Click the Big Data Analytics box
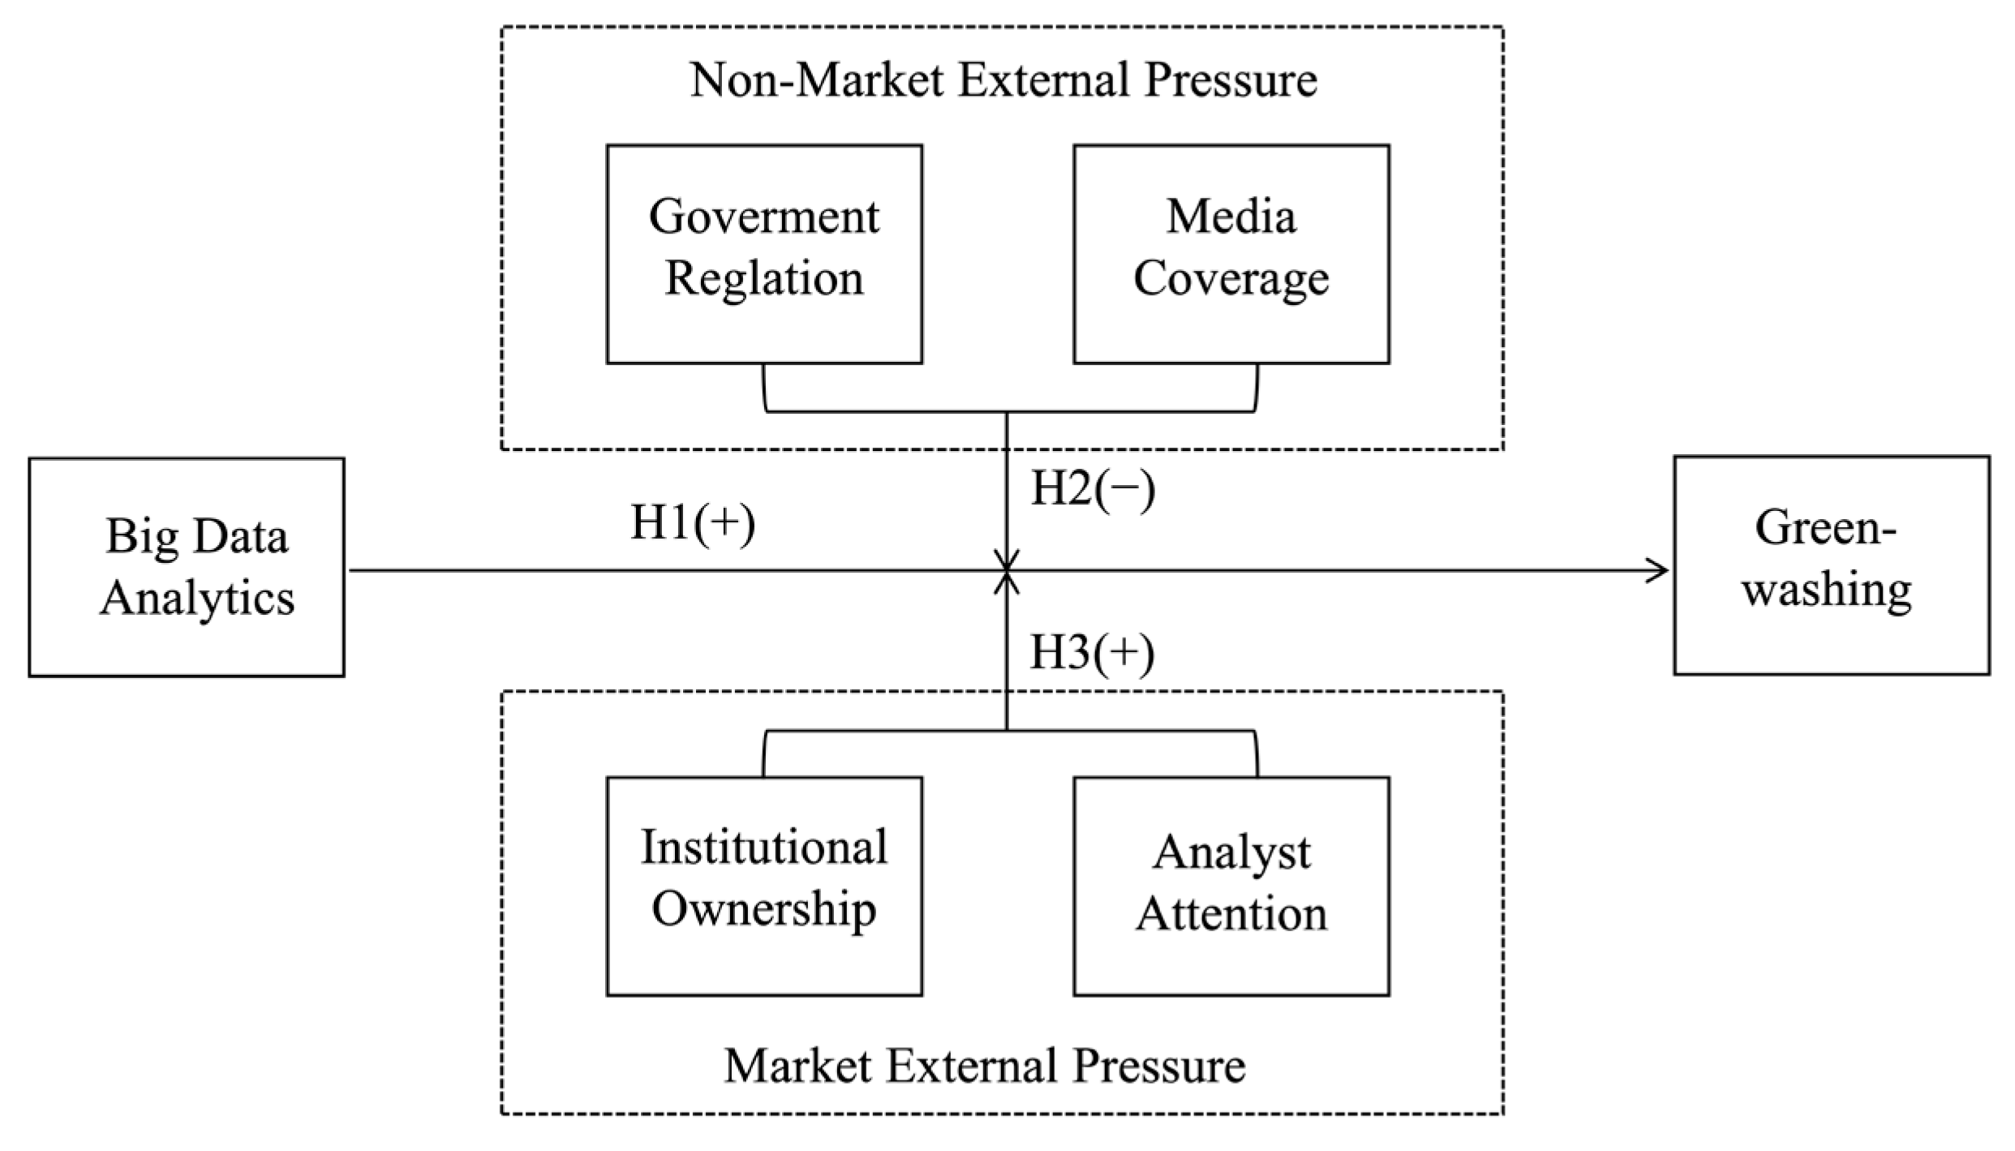click(x=187, y=567)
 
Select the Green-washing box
click(x=1832, y=565)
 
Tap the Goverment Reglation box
click(x=764, y=254)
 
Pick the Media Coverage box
click(x=1231, y=254)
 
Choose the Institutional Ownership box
click(x=764, y=886)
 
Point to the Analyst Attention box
click(x=1231, y=886)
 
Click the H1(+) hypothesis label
click(x=693, y=523)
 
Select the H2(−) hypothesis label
click(x=1093, y=490)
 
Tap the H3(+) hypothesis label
click(x=1092, y=653)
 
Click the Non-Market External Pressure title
click(x=1003, y=81)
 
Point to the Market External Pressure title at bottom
click(x=985, y=1066)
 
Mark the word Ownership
click(x=764, y=911)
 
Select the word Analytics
click(x=197, y=600)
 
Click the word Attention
click(x=1231, y=913)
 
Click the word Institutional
click(x=764, y=847)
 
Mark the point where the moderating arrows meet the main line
click(x=1007, y=570)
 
